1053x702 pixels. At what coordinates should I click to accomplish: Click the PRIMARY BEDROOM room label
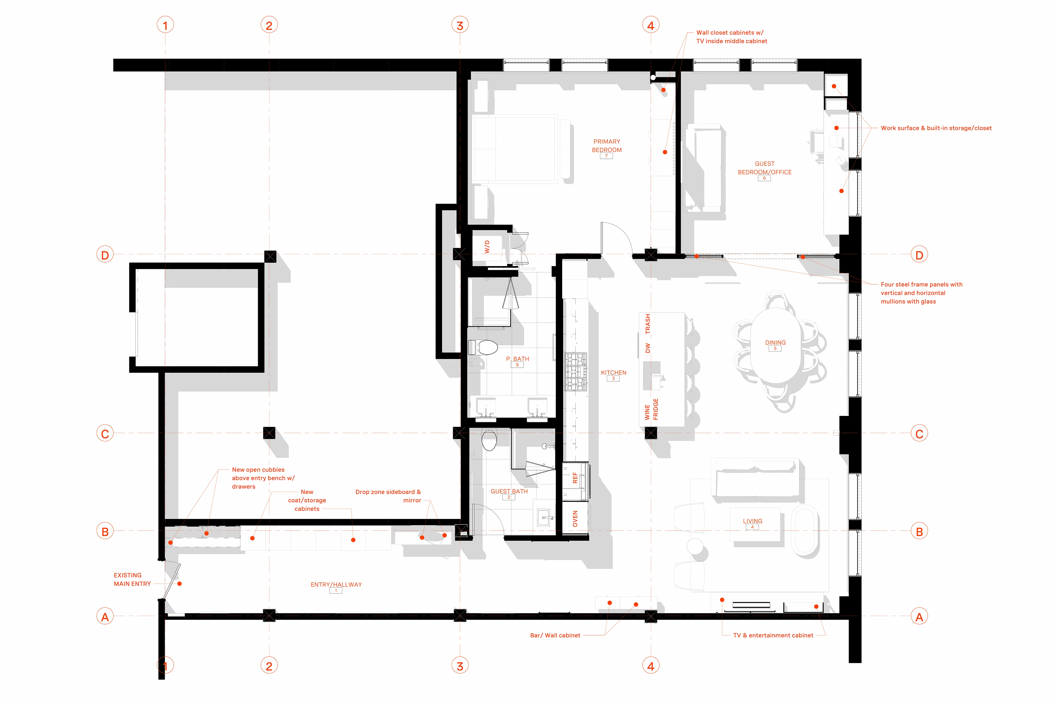pyautogui.click(x=607, y=145)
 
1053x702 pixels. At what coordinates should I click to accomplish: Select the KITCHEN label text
pyautogui.click(x=613, y=372)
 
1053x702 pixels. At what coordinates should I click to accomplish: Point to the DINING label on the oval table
pyautogui.click(x=775, y=343)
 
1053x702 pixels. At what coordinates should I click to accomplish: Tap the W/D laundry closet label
pyautogui.click(x=487, y=247)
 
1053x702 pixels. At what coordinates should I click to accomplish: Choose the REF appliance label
pyautogui.click(x=575, y=478)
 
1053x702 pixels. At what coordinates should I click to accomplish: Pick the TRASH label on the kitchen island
pyautogui.click(x=647, y=324)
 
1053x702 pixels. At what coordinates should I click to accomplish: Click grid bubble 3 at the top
pyautogui.click(x=460, y=25)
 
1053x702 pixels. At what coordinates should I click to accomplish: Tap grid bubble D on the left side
pyautogui.click(x=105, y=255)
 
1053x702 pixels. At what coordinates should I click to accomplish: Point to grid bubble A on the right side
pyautogui.click(x=919, y=617)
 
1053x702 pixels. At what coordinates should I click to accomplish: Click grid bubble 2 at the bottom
pyautogui.click(x=269, y=666)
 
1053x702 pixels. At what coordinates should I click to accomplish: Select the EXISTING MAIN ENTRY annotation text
pyautogui.click(x=132, y=579)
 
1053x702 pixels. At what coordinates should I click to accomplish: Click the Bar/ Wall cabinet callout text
pyautogui.click(x=555, y=635)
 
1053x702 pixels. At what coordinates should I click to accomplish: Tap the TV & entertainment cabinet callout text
pyautogui.click(x=773, y=635)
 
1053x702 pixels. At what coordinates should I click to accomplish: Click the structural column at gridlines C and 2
pyautogui.click(x=269, y=433)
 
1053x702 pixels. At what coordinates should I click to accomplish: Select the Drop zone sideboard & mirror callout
pyautogui.click(x=388, y=496)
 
